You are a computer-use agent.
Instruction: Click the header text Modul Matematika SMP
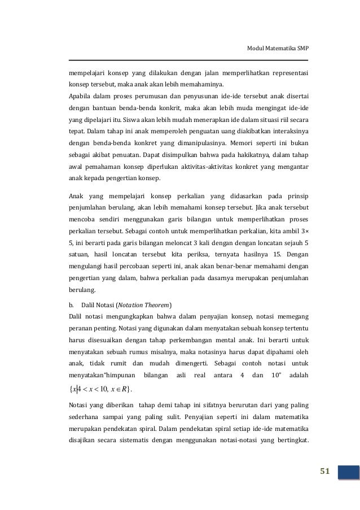pos(279,49)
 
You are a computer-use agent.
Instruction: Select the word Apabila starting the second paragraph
pos(81,95)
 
